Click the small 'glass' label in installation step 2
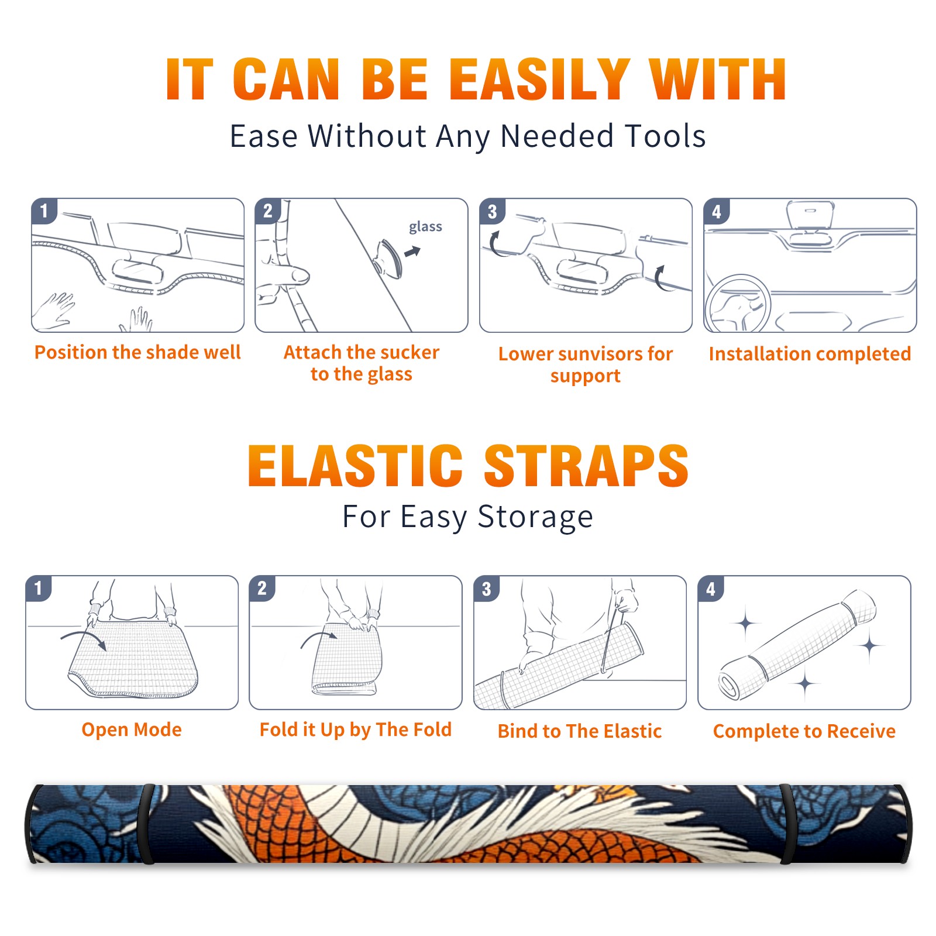(x=425, y=227)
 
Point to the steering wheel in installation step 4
(x=738, y=304)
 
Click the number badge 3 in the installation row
(x=492, y=212)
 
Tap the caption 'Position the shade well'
(x=137, y=352)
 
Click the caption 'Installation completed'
(x=810, y=353)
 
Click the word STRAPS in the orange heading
(x=586, y=466)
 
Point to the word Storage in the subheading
(x=535, y=517)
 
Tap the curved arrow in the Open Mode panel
(x=84, y=638)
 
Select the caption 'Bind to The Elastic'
(x=579, y=731)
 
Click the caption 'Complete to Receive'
(x=804, y=731)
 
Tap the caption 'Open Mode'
(x=132, y=729)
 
